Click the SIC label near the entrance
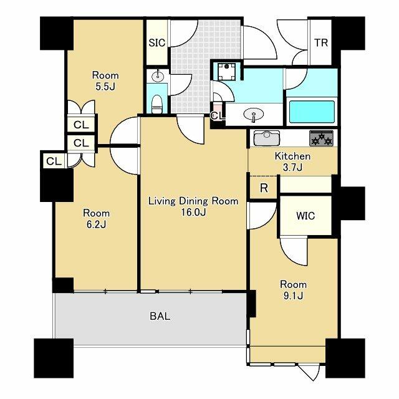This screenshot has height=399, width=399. click(156, 43)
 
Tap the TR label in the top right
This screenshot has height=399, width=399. click(321, 43)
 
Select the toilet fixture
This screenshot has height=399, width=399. click(156, 104)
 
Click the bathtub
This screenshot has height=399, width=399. click(312, 112)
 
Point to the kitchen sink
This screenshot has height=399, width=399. click(266, 138)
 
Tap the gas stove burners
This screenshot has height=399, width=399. click(322, 138)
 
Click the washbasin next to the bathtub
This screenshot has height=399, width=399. click(254, 115)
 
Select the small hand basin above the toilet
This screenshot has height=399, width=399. click(158, 76)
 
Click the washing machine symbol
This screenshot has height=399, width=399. click(226, 72)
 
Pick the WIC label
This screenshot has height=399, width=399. click(305, 216)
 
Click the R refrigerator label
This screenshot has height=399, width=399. click(264, 188)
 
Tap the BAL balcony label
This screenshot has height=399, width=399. click(160, 316)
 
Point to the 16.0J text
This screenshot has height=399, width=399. click(193, 212)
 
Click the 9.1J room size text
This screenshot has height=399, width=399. click(292, 296)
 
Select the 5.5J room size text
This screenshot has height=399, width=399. click(105, 87)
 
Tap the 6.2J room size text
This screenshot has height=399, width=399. click(97, 224)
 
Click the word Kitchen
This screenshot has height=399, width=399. click(292, 156)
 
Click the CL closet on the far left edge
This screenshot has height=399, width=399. click(54, 161)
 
